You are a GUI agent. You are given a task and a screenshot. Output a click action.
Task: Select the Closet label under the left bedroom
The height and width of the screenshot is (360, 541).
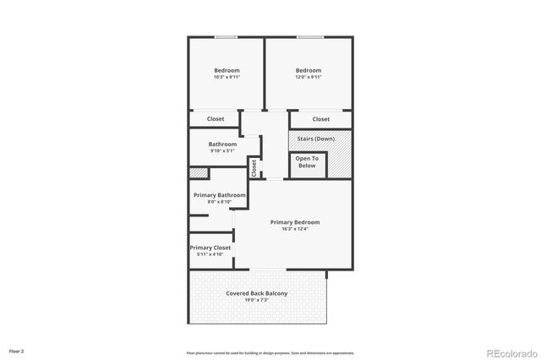point(216,119)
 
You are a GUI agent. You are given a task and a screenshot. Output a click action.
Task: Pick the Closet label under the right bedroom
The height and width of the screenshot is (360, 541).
point(321,119)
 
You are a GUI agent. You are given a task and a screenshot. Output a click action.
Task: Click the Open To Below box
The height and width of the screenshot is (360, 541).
point(307,162)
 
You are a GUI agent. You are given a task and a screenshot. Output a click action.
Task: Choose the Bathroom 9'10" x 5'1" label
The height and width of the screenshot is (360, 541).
point(221,147)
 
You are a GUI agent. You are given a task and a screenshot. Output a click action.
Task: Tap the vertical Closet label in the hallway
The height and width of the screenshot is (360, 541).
point(254,168)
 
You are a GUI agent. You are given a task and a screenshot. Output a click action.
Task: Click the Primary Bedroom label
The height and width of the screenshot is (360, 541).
point(295,222)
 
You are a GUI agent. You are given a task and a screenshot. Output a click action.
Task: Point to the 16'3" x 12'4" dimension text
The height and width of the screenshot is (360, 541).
point(295,229)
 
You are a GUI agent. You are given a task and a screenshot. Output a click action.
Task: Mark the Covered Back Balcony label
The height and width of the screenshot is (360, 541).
point(257,293)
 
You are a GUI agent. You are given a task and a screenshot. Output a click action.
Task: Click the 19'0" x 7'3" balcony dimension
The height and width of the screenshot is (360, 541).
point(257,301)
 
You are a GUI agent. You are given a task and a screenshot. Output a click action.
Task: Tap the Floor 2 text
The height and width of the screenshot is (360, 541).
point(17,351)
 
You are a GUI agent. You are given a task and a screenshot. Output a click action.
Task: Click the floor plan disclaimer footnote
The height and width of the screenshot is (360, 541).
point(270,353)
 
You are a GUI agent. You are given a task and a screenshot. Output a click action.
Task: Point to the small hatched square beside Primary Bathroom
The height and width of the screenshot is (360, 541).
point(197,173)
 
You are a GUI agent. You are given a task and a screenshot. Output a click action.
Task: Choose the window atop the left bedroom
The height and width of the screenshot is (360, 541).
point(226,37)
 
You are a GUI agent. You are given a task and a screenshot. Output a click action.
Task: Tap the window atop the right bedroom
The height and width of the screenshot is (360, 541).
point(309,37)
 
